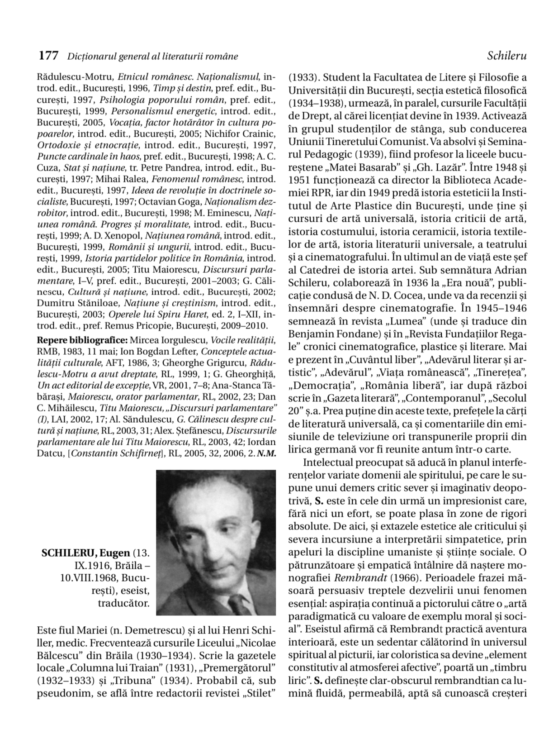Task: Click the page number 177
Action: tap(48, 56)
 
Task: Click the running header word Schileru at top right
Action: tap(507, 56)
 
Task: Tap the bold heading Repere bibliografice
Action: tap(82, 340)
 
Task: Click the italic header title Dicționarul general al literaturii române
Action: tap(152, 57)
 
